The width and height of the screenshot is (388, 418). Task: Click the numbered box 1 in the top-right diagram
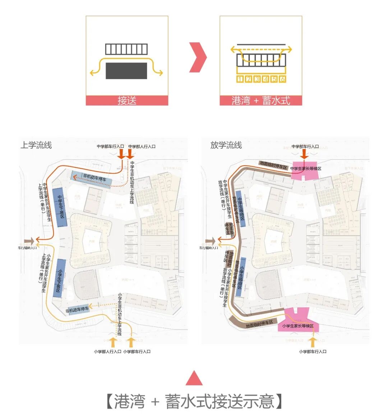click(240, 79)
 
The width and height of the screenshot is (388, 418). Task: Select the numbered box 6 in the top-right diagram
click(282, 79)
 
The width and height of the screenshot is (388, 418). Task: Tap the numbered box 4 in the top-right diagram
click(265, 79)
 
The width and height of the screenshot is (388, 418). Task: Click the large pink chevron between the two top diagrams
click(198, 57)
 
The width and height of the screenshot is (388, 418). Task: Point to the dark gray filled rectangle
click(126, 71)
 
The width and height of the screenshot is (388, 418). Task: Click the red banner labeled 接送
click(127, 101)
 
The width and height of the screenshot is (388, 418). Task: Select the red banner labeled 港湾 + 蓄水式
click(261, 101)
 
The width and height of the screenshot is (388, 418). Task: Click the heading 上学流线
click(36, 145)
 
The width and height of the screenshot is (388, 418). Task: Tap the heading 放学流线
click(226, 145)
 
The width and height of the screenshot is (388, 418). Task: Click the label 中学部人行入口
click(142, 147)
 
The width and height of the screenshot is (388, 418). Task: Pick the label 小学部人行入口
click(107, 352)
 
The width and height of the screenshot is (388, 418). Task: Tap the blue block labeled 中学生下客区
click(60, 207)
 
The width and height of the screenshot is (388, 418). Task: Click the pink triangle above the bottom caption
click(194, 378)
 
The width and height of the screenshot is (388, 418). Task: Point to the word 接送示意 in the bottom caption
click(243, 401)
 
